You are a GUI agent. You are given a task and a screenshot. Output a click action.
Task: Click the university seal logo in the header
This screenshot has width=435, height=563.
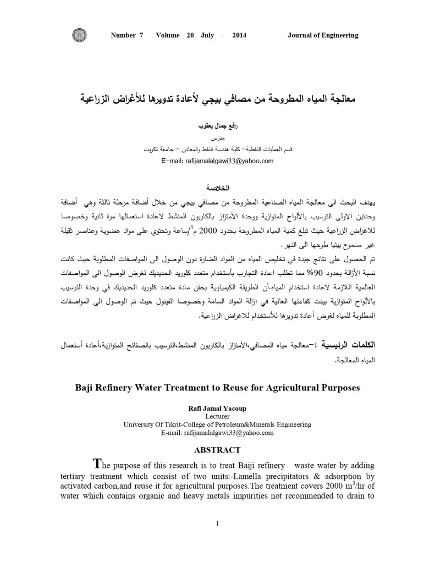coord(79,35)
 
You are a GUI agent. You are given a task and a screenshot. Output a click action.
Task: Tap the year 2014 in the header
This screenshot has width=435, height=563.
coord(239,36)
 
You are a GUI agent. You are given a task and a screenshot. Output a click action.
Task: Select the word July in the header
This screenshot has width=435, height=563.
coord(207,36)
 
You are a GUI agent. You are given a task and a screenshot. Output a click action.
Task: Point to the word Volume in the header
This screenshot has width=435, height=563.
coord(168,36)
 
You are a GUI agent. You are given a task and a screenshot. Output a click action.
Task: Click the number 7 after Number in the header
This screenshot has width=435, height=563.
coord(141,36)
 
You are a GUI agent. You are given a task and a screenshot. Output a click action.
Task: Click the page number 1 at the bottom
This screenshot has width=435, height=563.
coord(218,523)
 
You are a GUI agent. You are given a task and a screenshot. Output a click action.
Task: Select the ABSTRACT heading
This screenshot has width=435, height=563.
coord(217,450)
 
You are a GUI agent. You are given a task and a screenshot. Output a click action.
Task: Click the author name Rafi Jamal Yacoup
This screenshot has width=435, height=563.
coord(217,409)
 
